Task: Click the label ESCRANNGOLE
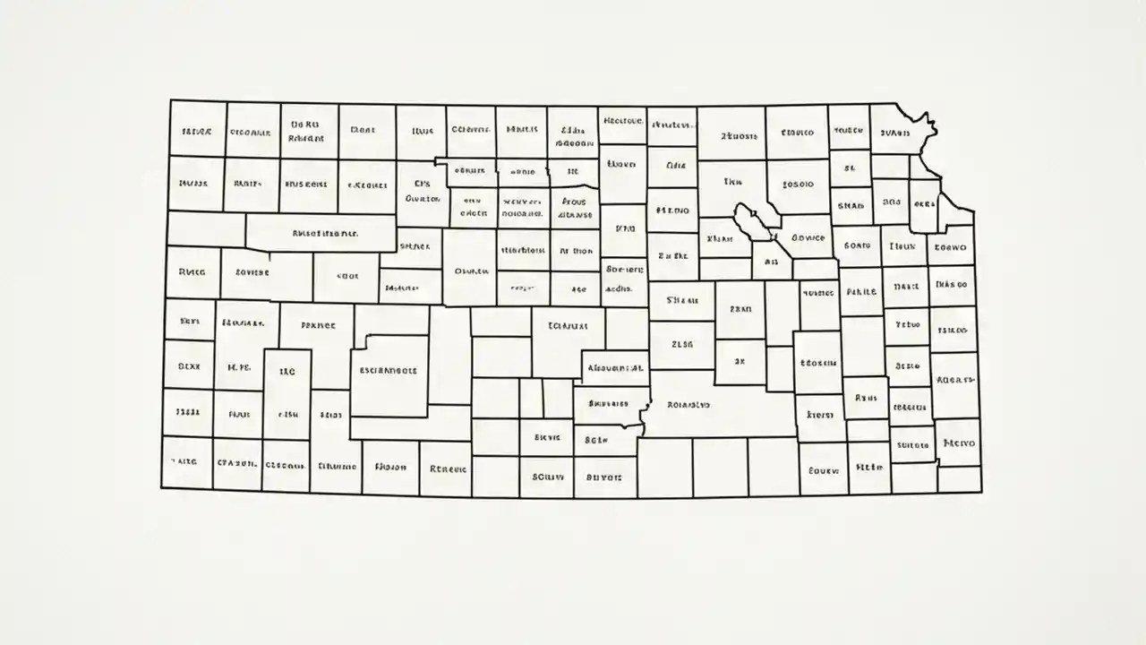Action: click(x=389, y=369)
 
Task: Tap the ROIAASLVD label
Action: click(x=688, y=405)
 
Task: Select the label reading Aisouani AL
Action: click(x=616, y=367)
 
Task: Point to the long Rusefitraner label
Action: click(x=325, y=233)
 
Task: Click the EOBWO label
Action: click(x=950, y=246)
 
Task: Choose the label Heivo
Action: click(x=959, y=443)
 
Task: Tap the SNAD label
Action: click(x=850, y=205)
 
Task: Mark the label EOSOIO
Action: click(x=798, y=185)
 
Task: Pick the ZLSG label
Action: click(x=682, y=343)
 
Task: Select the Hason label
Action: click(x=390, y=467)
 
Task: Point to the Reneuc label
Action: click(x=448, y=468)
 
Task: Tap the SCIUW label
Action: click(x=547, y=477)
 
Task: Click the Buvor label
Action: click(x=603, y=477)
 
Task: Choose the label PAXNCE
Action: click(x=318, y=327)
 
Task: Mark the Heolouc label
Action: click(x=623, y=120)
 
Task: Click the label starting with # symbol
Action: click(x=672, y=211)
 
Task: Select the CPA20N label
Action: click(x=237, y=464)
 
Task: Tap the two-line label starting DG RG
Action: click(x=306, y=133)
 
